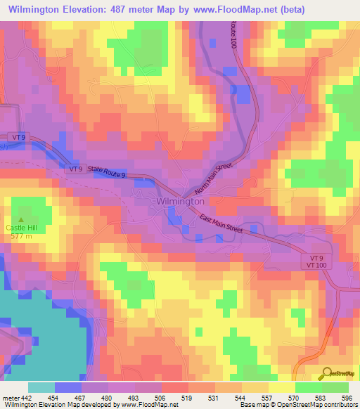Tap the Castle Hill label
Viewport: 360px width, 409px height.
[x=25, y=227]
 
